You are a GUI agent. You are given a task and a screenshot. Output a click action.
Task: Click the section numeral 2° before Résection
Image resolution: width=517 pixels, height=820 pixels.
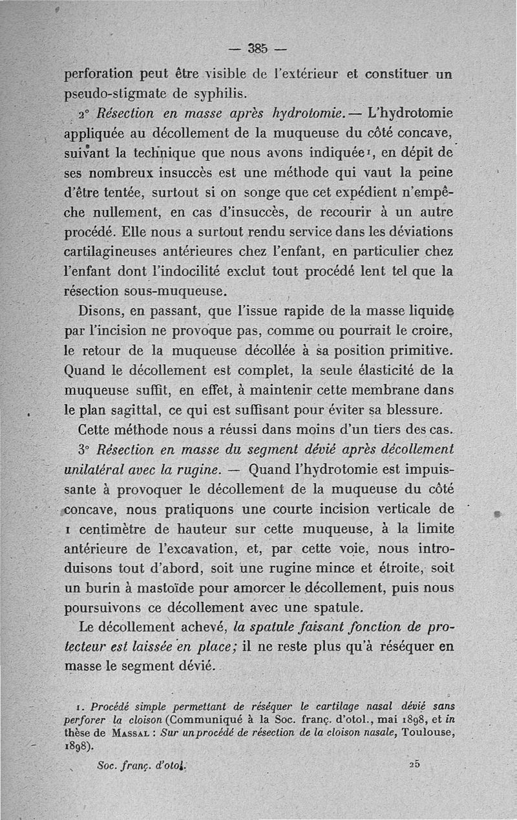(84, 113)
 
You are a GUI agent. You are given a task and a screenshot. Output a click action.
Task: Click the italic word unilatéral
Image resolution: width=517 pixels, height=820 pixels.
(98, 469)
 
